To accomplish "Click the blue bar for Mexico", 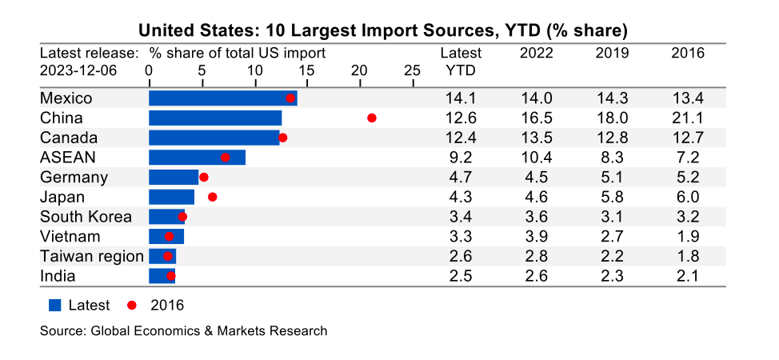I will coord(222,98).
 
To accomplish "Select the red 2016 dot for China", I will coord(372,118).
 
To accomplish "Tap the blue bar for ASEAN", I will coord(197,158).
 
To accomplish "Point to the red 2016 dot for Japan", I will coord(212,197).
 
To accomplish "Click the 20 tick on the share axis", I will coord(359,70).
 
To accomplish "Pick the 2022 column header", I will coord(536,54).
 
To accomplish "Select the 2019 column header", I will coord(612,54).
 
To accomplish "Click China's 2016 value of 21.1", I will coord(688,118).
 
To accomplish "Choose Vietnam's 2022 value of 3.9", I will coord(536,237).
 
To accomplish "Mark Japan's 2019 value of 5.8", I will coord(612,197).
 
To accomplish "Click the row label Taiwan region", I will coord(91,257).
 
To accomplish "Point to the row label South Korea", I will coord(86,217).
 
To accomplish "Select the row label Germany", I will coord(74,178).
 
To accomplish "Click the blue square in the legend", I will coord(55,305).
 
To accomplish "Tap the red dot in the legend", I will coord(132,305).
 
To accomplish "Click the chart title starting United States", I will coord(382,30).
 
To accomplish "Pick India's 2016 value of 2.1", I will coord(688,276).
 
